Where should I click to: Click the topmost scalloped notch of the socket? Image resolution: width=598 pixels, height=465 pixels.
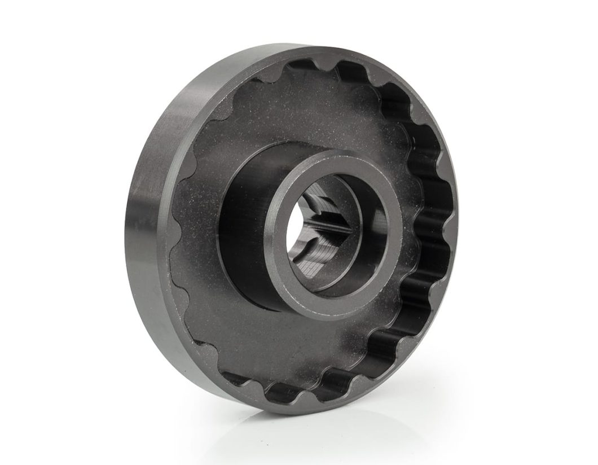pyautogui.click(x=316, y=68)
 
